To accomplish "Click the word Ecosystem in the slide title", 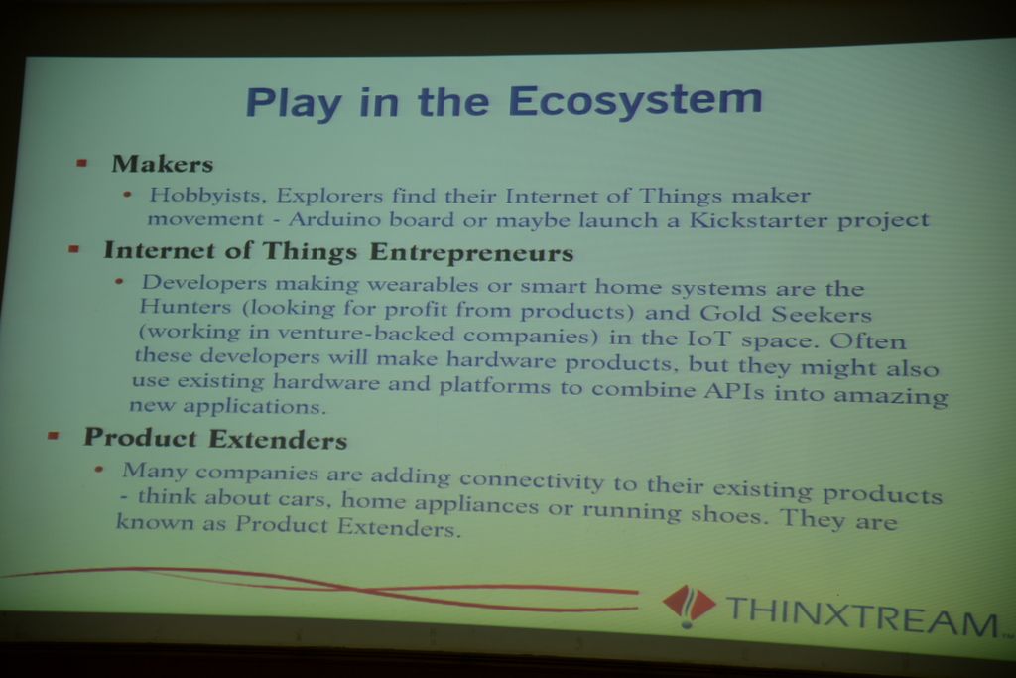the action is tap(634, 102).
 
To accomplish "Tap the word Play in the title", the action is tap(293, 104).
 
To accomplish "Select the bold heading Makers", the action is tap(162, 164).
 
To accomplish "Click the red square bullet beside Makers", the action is tap(81, 163).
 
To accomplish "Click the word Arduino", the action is tap(334, 219).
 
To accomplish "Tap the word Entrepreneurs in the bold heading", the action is tap(471, 252).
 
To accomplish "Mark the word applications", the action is tap(254, 406).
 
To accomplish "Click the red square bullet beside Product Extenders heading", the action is tap(54, 436).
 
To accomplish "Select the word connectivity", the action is tap(532, 480).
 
